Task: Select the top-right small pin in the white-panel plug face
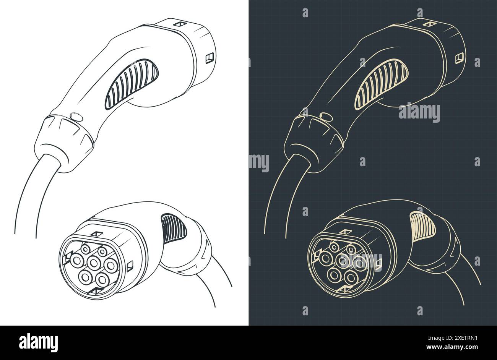102,251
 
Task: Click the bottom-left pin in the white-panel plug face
84,276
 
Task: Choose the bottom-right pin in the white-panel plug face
102,279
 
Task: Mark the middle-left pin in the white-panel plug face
76,261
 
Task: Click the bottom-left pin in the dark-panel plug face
335,274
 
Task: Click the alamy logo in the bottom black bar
38,342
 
